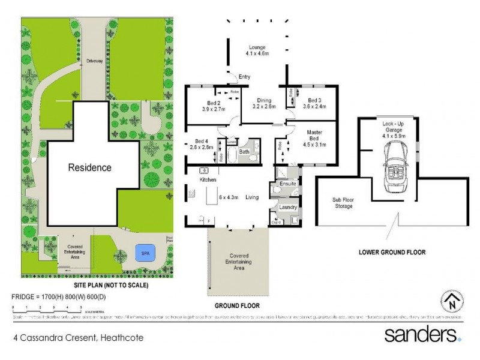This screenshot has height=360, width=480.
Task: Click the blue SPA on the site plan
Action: [x=142, y=251]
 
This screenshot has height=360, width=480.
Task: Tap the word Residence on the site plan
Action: [x=89, y=167]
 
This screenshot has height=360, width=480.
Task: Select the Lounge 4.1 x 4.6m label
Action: [x=257, y=51]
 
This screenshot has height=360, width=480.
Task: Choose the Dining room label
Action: [x=264, y=101]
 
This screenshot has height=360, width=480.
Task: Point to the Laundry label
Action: [x=289, y=207]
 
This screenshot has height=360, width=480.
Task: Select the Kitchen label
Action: [x=208, y=179]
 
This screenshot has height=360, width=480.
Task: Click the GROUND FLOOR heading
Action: [x=237, y=305]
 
